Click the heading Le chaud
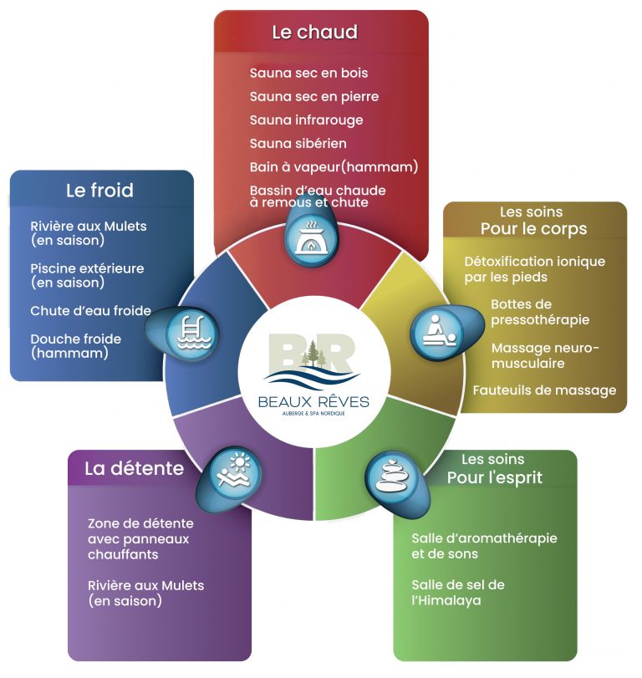[315, 32]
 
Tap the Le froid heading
[99, 191]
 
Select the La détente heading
[134, 468]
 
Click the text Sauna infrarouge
[306, 120]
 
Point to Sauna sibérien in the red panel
[298, 144]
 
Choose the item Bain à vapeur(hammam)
[334, 167]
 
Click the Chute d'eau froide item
[91, 310]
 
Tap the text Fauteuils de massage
[544, 390]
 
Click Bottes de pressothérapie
[540, 312]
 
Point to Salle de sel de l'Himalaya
[458, 593]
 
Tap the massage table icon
[439, 331]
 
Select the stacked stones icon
[391, 477]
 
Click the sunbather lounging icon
[234, 471]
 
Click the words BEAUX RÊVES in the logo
[313, 401]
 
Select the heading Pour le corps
[534, 229]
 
